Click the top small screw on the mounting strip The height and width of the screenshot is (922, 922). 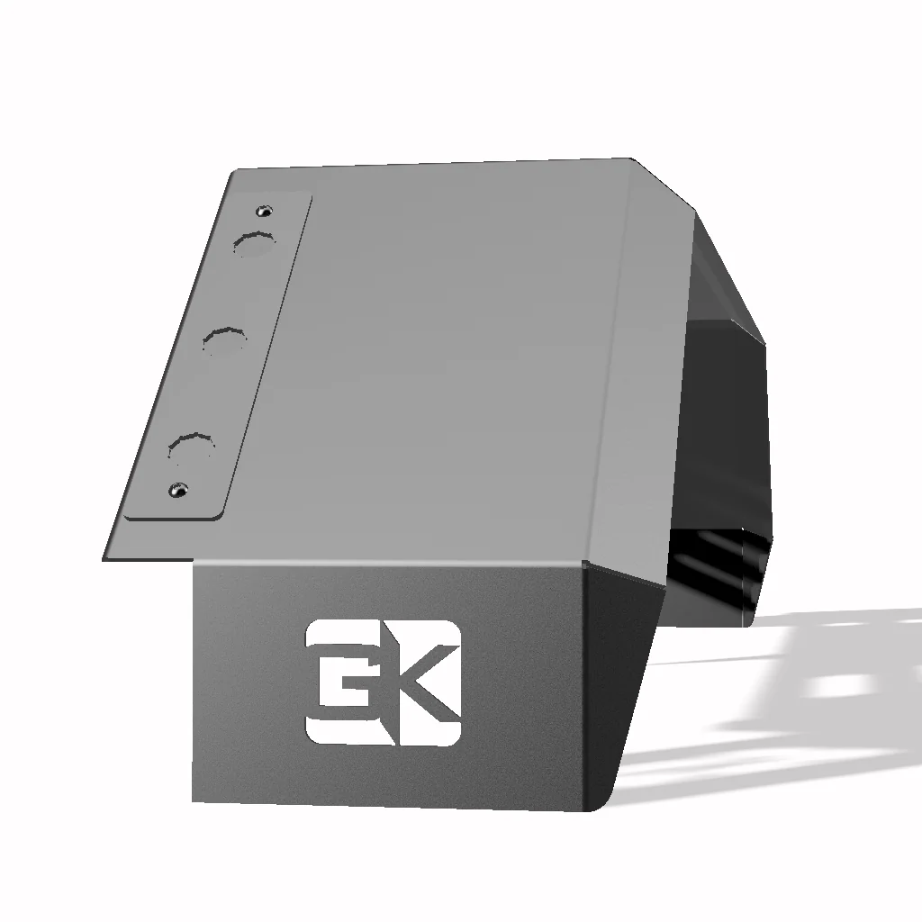tap(264, 211)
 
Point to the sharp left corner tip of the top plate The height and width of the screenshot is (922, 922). tap(105, 557)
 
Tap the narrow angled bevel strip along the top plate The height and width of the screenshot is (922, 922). tap(621, 360)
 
